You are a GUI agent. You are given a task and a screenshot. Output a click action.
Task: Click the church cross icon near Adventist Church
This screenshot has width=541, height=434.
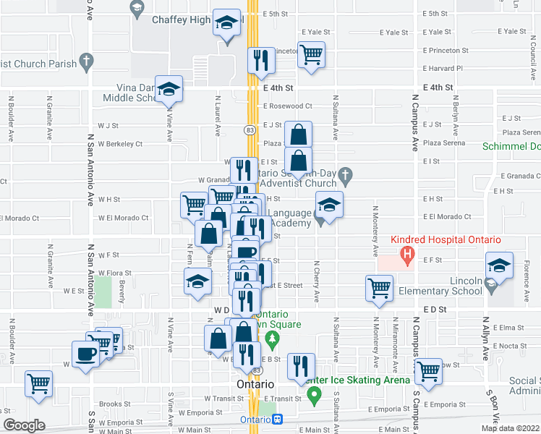pyautogui.click(x=346, y=174)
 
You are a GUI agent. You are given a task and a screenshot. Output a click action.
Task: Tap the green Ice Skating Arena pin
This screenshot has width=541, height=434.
pyautogui.click(x=314, y=395)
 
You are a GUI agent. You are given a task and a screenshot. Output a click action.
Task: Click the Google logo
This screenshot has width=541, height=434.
pyautogui.click(x=24, y=425)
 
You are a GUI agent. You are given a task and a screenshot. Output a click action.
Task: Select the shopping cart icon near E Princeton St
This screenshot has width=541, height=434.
pyautogui.click(x=311, y=54)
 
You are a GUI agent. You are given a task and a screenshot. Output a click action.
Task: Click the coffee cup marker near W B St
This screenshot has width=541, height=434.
pyautogui.click(x=87, y=354)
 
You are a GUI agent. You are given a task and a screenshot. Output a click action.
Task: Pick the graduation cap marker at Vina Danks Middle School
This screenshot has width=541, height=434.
pyautogui.click(x=169, y=90)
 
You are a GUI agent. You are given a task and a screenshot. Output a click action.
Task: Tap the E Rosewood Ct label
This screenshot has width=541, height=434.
pyautogui.click(x=287, y=106)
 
